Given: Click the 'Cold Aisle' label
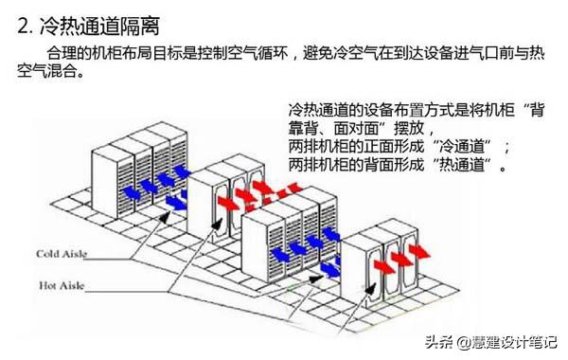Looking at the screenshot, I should click(x=62, y=254).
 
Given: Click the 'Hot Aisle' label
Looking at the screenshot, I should click(x=61, y=283).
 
